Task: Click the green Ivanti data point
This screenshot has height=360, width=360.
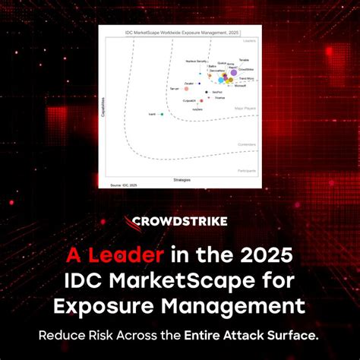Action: [x=163, y=114]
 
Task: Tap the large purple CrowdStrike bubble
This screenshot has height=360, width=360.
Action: [x=233, y=73]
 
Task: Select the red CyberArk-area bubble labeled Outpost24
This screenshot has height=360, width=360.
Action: [x=201, y=99]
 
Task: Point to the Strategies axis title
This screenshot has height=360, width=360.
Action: [x=182, y=180]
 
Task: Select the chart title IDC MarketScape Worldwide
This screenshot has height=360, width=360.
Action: [x=170, y=32]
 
